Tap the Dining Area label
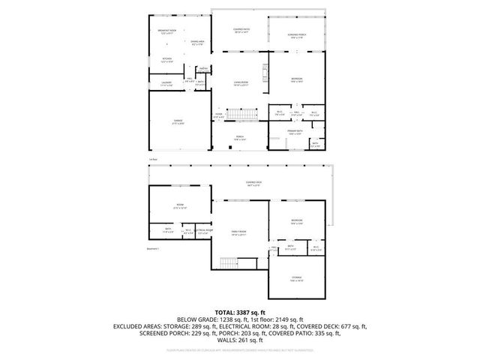[197, 43]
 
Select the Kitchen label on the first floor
[167, 60]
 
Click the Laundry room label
[166, 83]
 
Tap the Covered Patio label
[241, 31]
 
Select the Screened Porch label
[298, 36]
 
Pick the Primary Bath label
[294, 130]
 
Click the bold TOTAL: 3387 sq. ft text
[240, 311]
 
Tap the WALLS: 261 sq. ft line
[240, 339]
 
